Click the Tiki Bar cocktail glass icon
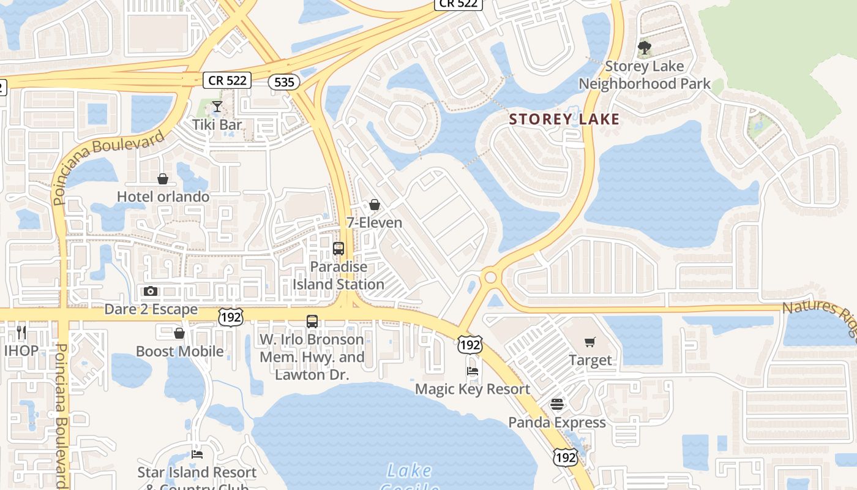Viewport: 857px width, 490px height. pyautogui.click(x=217, y=107)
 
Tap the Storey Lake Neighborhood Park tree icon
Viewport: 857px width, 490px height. pyautogui.click(x=644, y=48)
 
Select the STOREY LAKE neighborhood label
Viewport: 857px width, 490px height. pyautogui.click(x=564, y=119)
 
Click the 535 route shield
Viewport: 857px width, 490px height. pyautogui.click(x=283, y=81)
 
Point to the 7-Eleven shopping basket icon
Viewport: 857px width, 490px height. pyautogui.click(x=375, y=205)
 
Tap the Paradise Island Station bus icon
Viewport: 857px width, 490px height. pyautogui.click(x=339, y=249)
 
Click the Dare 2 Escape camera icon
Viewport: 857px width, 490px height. pyautogui.click(x=151, y=291)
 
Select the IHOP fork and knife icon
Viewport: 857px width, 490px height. pyautogui.click(x=21, y=333)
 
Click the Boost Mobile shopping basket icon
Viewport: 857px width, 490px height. pyautogui.click(x=179, y=333)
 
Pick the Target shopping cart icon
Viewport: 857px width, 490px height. pyautogui.click(x=590, y=342)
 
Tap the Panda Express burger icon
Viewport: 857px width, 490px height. pyautogui.click(x=556, y=404)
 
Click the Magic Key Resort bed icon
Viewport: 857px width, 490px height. pyautogui.click(x=472, y=371)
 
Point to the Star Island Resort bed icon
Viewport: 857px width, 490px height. pyautogui.click(x=197, y=454)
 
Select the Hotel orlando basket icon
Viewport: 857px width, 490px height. pyautogui.click(x=163, y=179)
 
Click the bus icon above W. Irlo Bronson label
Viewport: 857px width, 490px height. pyautogui.click(x=312, y=322)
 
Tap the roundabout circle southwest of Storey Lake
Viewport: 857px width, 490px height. pyautogui.click(x=490, y=277)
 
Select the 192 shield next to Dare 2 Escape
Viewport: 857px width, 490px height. pyautogui.click(x=230, y=316)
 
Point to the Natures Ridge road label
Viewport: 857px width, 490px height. pyautogui.click(x=820, y=315)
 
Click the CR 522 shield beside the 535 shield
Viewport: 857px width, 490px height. pyautogui.click(x=227, y=80)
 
